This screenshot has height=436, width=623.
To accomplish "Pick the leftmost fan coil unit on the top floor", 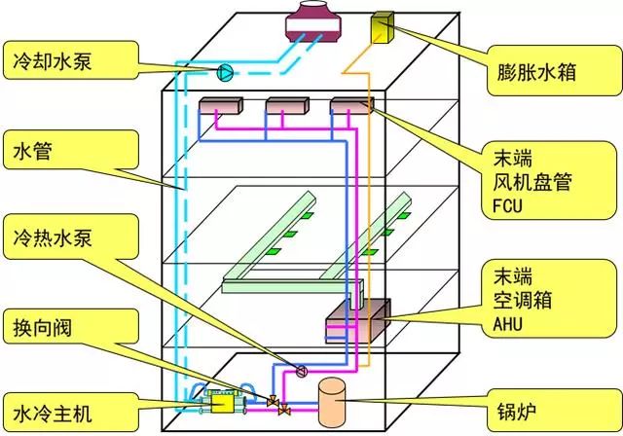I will coord(219,106).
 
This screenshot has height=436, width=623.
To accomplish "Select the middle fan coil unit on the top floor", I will coord(285,106).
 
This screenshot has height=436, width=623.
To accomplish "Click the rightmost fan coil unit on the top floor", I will coord(350,106).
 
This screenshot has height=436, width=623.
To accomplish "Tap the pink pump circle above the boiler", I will coord(301,370).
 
